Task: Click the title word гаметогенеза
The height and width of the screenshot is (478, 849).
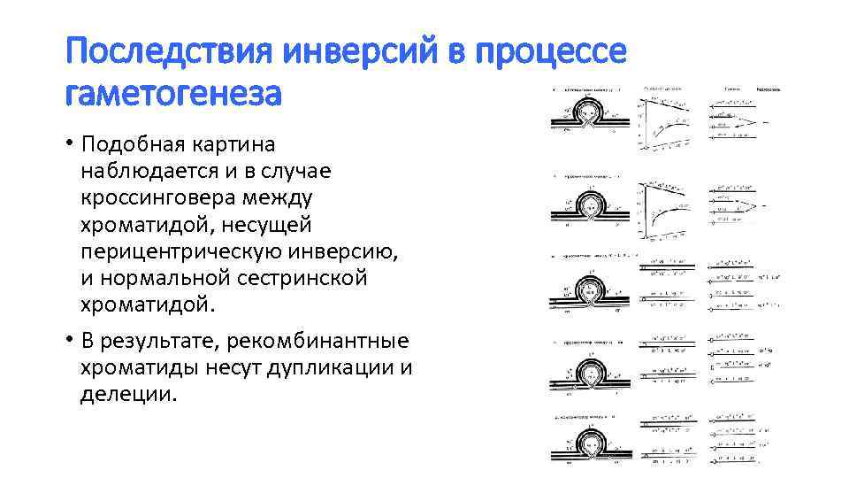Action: coord(173,92)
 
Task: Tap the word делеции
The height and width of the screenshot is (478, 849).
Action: coord(128,394)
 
